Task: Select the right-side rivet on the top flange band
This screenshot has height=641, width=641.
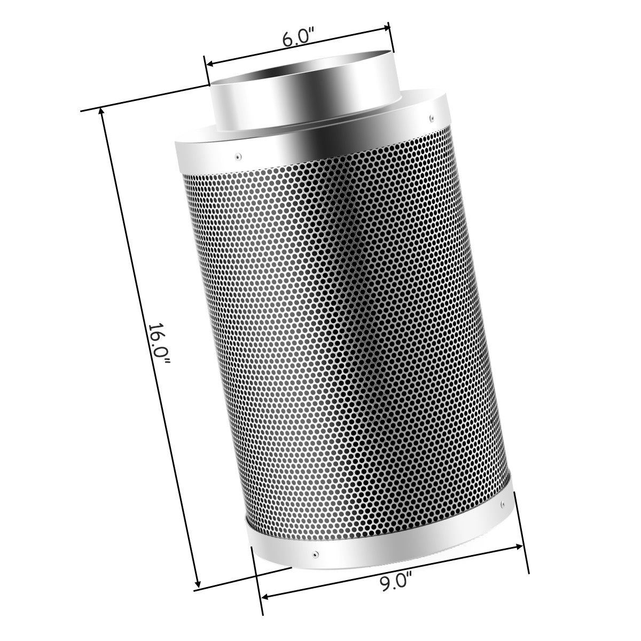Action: point(430,116)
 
